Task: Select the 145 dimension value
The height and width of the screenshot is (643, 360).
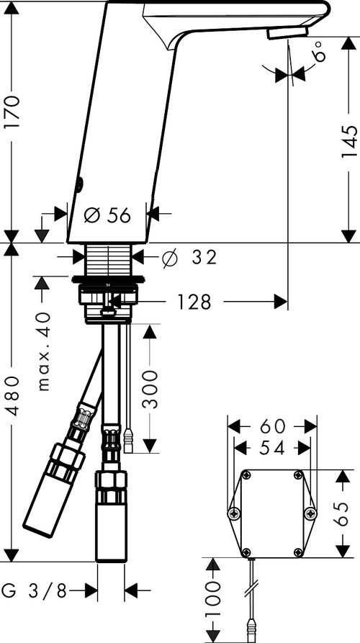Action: point(349,143)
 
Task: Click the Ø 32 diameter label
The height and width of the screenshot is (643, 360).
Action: point(189,257)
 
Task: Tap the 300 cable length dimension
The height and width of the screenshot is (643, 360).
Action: point(150,389)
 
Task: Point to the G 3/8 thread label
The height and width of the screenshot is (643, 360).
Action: point(33,591)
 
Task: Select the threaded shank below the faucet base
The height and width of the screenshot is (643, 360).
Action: point(109,259)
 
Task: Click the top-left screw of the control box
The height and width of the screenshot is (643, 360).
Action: point(246,475)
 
